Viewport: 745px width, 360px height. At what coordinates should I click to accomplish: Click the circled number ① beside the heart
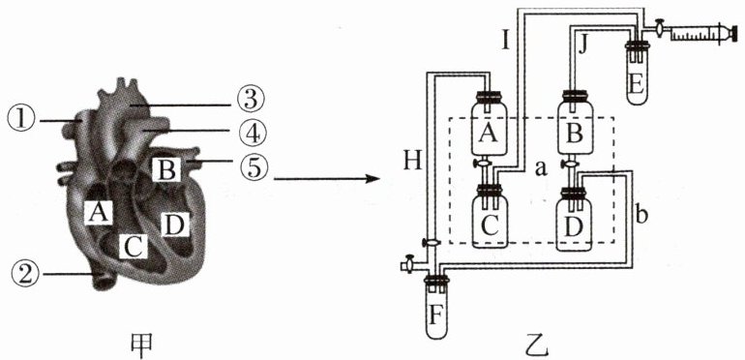[x=21, y=121]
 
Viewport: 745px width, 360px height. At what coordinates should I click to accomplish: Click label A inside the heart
[x=99, y=212]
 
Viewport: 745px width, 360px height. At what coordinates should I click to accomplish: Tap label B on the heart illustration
[x=165, y=169]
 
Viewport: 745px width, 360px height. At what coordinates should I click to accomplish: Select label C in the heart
[x=134, y=245]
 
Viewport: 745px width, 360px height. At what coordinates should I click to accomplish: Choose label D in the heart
[x=175, y=225]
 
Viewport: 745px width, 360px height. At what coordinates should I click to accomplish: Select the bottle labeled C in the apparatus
[x=489, y=218]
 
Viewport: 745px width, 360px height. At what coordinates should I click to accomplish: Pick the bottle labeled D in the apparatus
[x=574, y=219]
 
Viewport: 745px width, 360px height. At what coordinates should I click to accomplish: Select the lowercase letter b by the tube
[x=641, y=215]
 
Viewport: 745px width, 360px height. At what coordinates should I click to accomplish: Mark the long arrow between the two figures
[x=326, y=179]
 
